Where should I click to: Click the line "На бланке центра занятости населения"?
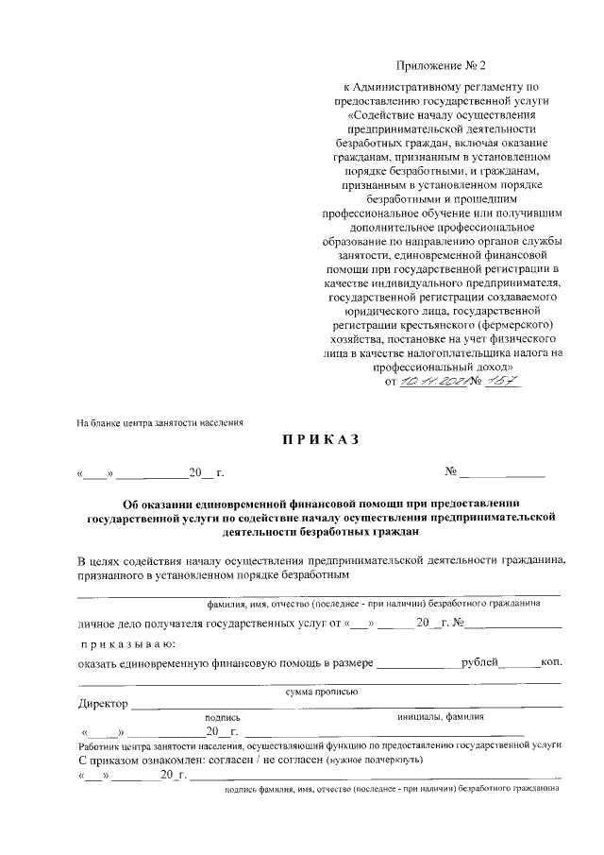click(x=160, y=423)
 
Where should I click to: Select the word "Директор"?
click(x=103, y=704)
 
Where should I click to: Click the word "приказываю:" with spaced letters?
click(x=128, y=644)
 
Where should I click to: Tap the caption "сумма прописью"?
click(x=321, y=691)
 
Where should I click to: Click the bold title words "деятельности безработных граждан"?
click(x=321, y=533)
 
